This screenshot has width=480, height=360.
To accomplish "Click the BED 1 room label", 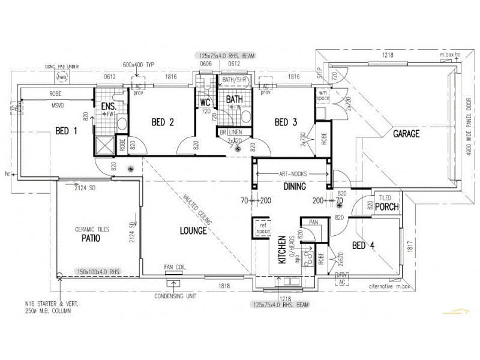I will point(66,131).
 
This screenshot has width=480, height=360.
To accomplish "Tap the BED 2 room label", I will point(163,122).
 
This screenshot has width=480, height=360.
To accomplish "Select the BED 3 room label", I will point(286,122).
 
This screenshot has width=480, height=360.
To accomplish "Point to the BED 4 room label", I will point(364,245).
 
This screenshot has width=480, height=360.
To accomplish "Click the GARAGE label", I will point(406,133).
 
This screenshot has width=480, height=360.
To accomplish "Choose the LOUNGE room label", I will point(193,230).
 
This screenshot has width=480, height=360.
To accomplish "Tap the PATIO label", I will point(91,238).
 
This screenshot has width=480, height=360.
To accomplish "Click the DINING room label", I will point(295,187).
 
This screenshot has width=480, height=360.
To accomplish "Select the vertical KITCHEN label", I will point(280,251).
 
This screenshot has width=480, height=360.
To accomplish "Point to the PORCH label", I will point(388,207).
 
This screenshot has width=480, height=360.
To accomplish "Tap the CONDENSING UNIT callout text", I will point(176,296).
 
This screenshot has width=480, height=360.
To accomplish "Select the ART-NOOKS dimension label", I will point(293,174).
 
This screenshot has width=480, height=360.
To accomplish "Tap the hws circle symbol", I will point(61,77).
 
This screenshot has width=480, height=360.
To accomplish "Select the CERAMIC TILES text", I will point(91,229).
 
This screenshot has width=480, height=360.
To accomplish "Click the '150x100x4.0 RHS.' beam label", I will point(99,272).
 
